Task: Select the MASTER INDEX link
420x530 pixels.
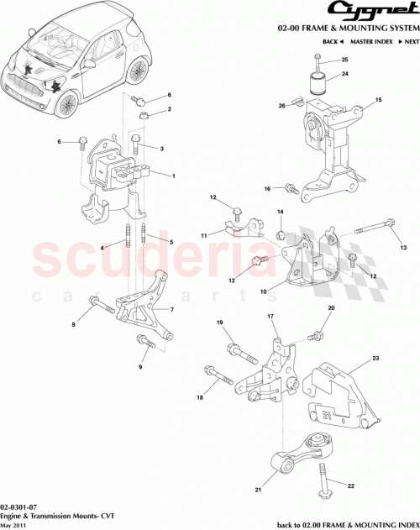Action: (x=369, y=41)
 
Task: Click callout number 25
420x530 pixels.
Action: (x=344, y=60)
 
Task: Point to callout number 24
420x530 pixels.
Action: (x=344, y=73)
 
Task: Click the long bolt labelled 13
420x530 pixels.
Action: (x=373, y=226)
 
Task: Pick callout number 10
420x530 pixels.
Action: (x=264, y=292)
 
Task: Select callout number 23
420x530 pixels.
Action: (x=376, y=359)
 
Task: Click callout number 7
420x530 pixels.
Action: (x=171, y=309)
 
